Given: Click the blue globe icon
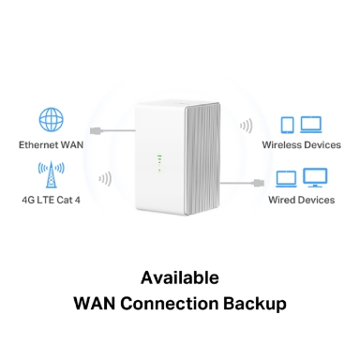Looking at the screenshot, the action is pos(51,120).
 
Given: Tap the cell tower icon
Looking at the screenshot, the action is pos(52,174).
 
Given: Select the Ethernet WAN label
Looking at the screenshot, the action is pos(51,145).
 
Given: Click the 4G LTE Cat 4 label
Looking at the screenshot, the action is pos(51,200).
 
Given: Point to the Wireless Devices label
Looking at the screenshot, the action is pos(302,145).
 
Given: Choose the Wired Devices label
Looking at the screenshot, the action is pos(302,200).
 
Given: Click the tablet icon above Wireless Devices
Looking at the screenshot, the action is pos(288,125).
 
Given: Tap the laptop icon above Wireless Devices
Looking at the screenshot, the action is pos(311,125).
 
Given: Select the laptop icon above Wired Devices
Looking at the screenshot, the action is pos(286,179).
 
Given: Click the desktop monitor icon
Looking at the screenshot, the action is pos(315,177).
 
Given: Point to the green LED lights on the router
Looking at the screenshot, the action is pos(159,163).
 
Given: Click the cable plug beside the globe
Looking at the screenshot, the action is pos(97,131).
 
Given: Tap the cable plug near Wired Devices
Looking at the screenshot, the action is pos(259,183).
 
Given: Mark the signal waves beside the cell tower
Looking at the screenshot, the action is pos(105,179).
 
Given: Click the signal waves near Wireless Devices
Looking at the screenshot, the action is pos(246,126).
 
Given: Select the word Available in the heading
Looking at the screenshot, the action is pos(180,277).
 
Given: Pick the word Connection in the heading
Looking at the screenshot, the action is pos(170,304).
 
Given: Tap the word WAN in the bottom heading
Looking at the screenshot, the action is pos(95,304).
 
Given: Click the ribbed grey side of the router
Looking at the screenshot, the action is pos(202,158).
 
